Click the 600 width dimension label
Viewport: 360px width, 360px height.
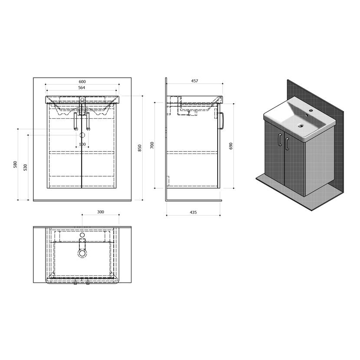pyautogui.click(x=82, y=82)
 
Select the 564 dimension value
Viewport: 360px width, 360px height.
pyautogui.click(x=82, y=88)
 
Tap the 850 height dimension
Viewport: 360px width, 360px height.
pyautogui.click(x=140, y=148)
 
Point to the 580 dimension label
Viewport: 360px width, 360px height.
pyautogui.click(x=15, y=164)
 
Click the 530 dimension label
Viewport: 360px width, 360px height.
pyautogui.click(x=25, y=167)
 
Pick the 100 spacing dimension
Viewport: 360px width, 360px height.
pyautogui.click(x=82, y=144)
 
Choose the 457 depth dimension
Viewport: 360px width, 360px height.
pyautogui.click(x=194, y=81)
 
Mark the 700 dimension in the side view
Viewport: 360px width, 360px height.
pyautogui.click(x=152, y=145)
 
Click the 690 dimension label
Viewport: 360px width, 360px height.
pyautogui.click(x=231, y=146)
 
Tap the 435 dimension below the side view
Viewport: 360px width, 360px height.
pyautogui.click(x=193, y=213)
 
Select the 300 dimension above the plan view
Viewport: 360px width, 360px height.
pyautogui.click(x=101, y=212)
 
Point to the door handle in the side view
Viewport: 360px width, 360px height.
pyautogui.click(x=221, y=121)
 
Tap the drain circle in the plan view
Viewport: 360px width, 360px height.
pyautogui.click(x=82, y=253)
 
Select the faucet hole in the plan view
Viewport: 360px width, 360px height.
pyautogui.click(x=82, y=235)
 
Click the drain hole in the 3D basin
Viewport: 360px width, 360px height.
pyautogui.click(x=300, y=125)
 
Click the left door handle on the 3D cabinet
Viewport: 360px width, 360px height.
pyautogui.click(x=279, y=140)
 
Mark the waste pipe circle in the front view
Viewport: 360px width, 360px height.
pyautogui.click(x=82, y=135)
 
